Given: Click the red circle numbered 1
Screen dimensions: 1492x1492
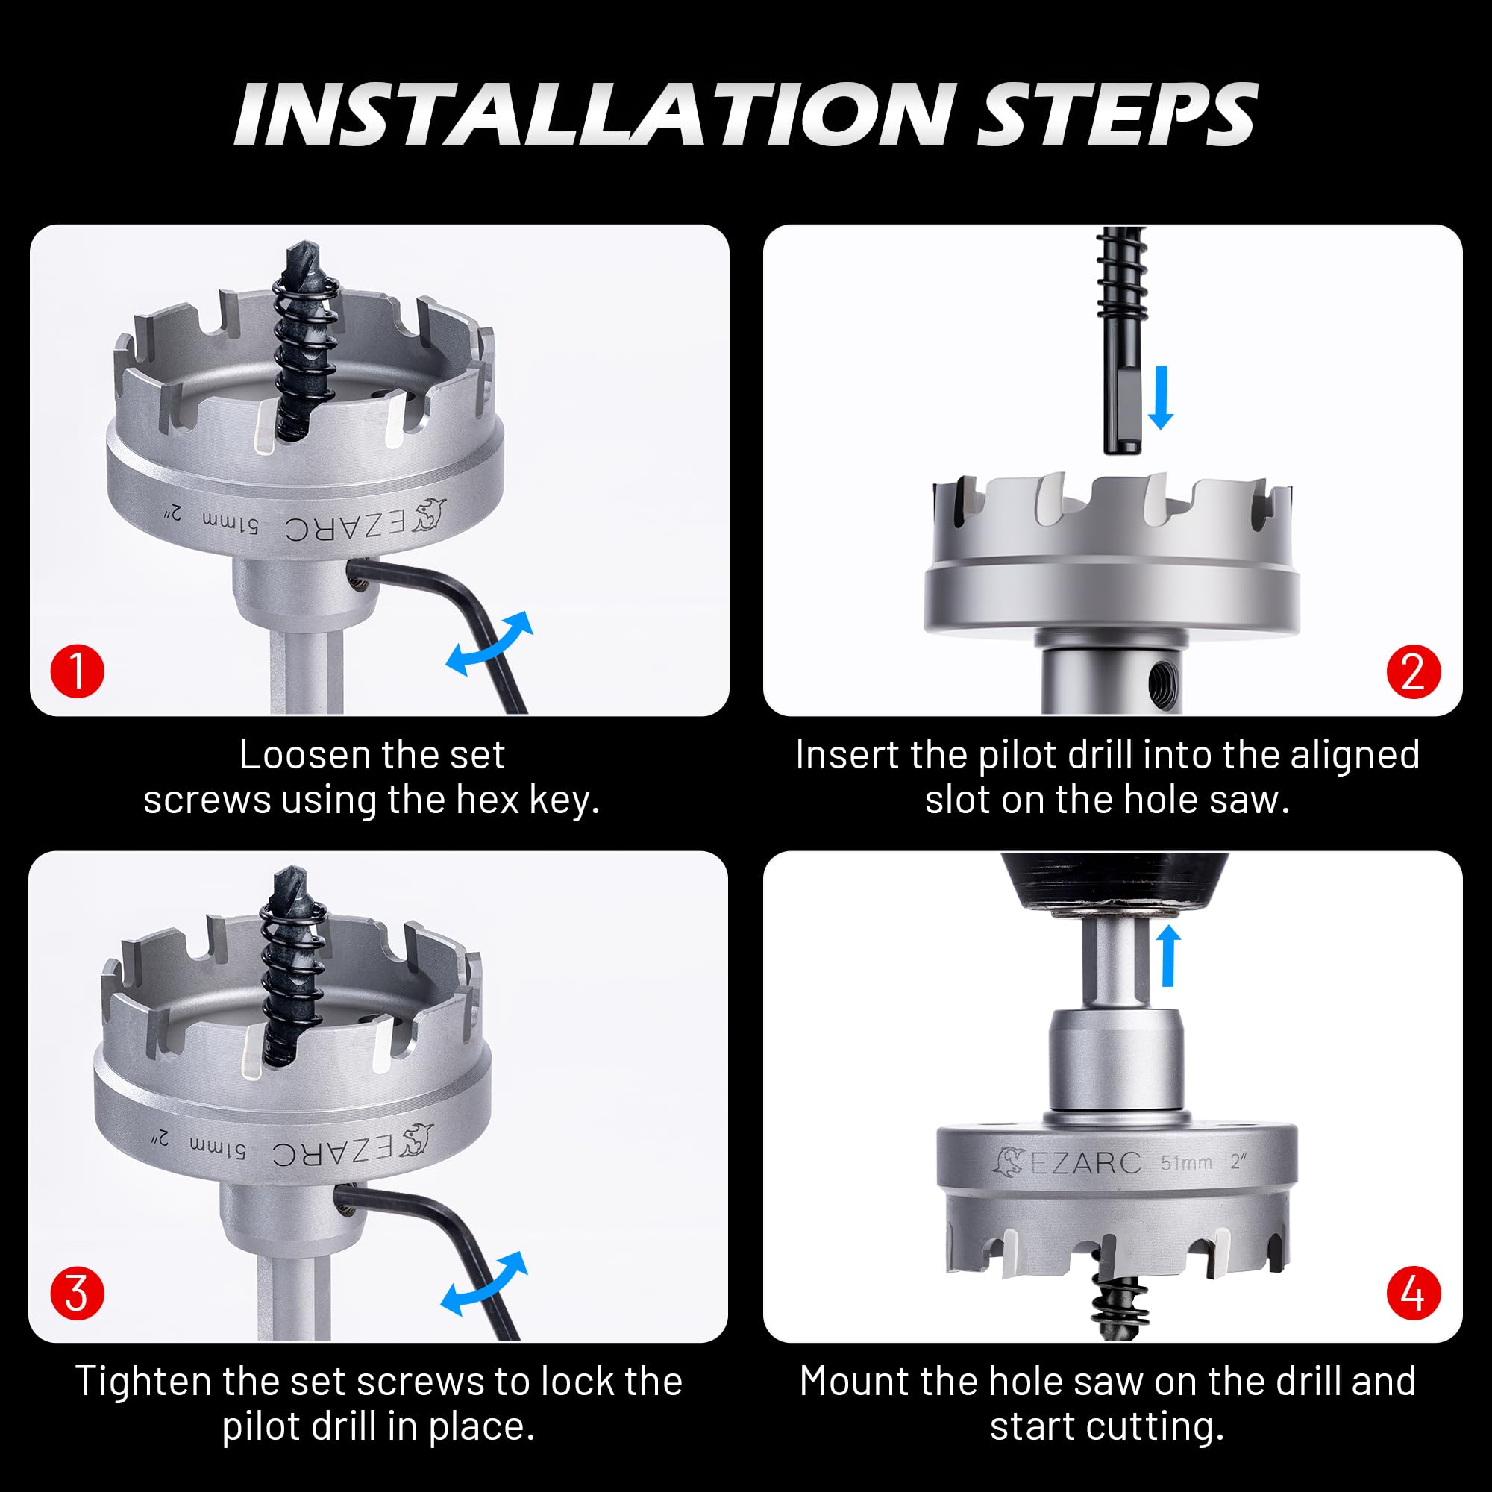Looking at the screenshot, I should (78, 671).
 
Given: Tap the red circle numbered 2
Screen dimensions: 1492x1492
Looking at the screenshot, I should (1413, 671).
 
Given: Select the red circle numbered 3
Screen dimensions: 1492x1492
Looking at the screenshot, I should (78, 1293).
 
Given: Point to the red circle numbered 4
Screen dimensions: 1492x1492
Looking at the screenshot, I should (1413, 1293).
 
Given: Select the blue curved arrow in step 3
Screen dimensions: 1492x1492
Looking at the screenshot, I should (485, 1282).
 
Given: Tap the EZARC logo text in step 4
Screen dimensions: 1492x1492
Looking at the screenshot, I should (1085, 1163).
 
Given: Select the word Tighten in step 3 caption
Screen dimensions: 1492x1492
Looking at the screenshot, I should (143, 1382).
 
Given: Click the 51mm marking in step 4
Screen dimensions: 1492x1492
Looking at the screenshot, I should (1186, 1162).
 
